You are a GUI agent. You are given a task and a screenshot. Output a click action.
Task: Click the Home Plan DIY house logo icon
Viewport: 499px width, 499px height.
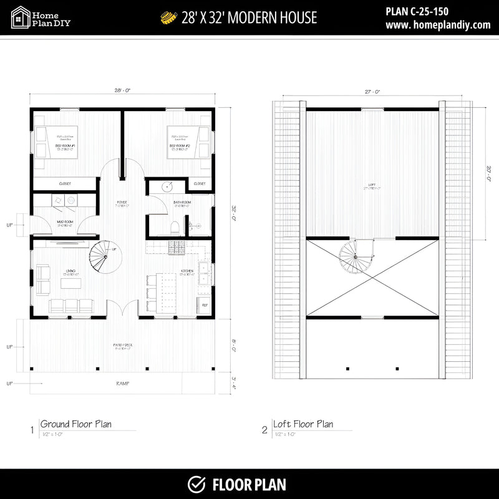[x=21, y=17]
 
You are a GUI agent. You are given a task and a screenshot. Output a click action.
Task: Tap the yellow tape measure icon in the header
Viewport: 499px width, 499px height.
[x=167, y=17]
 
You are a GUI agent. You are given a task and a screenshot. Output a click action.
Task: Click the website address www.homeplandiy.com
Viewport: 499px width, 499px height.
[x=437, y=25]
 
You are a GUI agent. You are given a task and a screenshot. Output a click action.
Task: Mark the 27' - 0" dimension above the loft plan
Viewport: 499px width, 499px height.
[x=373, y=91]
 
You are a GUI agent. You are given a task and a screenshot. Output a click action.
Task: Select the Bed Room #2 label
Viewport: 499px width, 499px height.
[x=180, y=148]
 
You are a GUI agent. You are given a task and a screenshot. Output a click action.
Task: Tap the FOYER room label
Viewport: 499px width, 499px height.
[x=122, y=203]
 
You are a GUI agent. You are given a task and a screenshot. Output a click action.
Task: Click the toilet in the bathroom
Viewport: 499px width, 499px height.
[x=175, y=226]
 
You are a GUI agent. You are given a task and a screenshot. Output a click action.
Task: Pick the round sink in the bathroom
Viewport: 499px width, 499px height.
[x=167, y=186]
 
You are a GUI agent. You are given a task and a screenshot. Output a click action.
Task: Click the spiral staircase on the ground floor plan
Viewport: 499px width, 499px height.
[x=104, y=256]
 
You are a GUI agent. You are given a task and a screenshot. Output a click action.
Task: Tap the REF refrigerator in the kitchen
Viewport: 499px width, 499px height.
[x=205, y=305]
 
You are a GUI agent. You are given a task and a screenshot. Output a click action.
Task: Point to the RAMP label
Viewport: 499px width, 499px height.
[x=122, y=383]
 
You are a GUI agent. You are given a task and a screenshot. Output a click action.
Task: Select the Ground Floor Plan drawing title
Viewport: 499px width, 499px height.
[x=75, y=424]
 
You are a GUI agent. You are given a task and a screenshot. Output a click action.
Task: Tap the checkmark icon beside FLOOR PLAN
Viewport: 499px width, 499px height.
[x=196, y=484]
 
